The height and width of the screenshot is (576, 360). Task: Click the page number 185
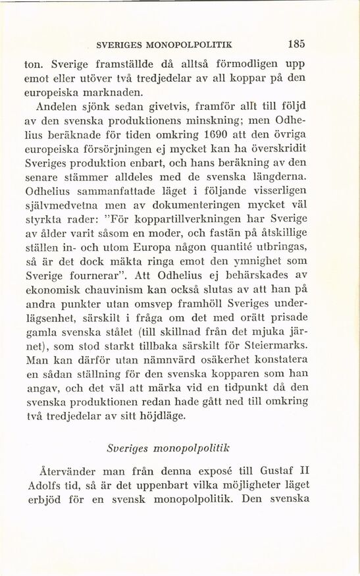click(296, 47)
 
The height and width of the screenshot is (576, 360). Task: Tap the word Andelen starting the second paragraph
click(65, 107)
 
